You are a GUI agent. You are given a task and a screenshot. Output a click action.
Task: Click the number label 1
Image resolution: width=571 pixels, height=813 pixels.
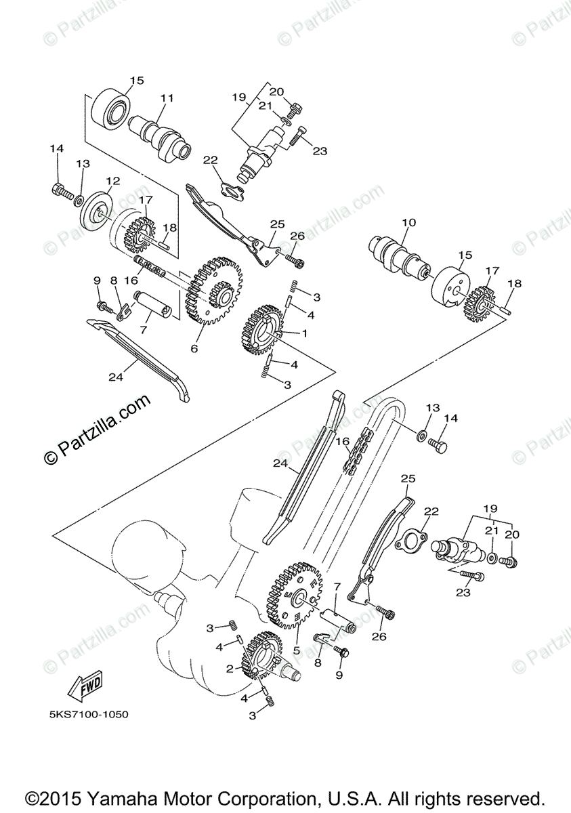click(x=305, y=333)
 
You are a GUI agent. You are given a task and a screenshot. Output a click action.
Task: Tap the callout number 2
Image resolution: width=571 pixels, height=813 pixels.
click(x=230, y=669)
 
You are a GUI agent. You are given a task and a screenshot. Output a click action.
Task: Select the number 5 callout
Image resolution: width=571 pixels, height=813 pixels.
click(x=296, y=649)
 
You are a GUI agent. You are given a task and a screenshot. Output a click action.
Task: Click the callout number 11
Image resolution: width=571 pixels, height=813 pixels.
click(x=167, y=98)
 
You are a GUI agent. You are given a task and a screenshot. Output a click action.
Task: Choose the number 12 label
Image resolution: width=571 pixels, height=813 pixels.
click(x=112, y=181)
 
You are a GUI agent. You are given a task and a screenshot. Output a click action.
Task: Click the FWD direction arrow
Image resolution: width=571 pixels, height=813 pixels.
click(x=83, y=690)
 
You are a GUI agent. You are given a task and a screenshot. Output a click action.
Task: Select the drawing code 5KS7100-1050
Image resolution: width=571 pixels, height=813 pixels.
click(x=89, y=714)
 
